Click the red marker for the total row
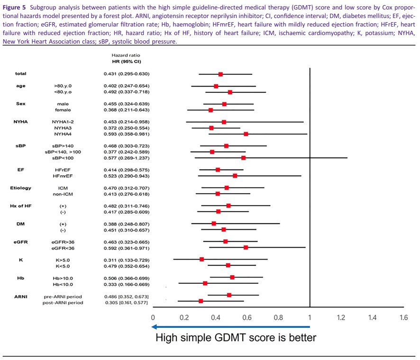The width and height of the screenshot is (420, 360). click(x=220, y=74)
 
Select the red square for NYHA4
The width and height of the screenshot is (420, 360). click(x=246, y=134)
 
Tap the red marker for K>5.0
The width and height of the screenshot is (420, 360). click(x=202, y=259)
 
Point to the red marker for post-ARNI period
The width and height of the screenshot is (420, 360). click(x=201, y=301)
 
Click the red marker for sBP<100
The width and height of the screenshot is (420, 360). click(x=244, y=158)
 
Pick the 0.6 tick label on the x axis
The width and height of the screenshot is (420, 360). click(x=247, y=318)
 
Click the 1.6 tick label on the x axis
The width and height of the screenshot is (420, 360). click(x=403, y=318)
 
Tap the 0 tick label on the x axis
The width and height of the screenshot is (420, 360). click(x=153, y=318)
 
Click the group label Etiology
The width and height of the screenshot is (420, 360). click(x=20, y=188)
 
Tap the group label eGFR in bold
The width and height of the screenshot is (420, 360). click(x=20, y=242)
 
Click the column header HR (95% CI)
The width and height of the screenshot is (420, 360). click(x=123, y=62)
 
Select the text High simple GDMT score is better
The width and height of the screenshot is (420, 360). click(x=236, y=338)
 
